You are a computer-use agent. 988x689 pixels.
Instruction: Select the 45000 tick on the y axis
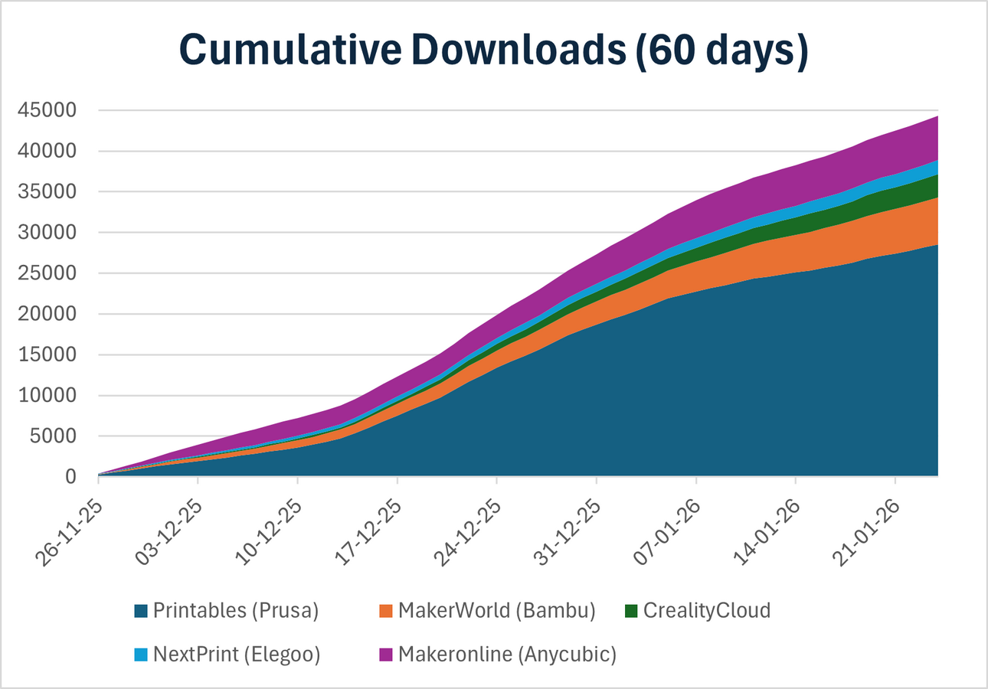pos(49,111)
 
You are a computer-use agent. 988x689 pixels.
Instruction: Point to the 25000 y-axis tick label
pos(49,274)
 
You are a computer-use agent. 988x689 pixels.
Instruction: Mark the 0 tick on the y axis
pos(71,478)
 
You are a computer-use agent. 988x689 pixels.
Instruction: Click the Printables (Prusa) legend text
pos(236,611)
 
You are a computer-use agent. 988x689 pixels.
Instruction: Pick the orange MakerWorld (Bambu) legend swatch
pos(386,611)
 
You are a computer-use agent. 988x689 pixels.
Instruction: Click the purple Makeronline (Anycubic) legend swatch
pos(386,655)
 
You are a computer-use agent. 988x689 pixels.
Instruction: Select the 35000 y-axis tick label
pos(49,192)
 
